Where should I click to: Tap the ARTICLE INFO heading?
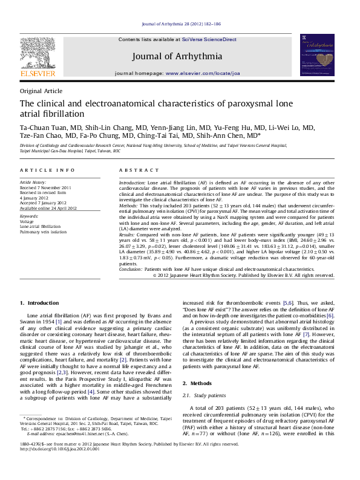(48, 170)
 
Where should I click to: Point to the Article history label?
(33, 182)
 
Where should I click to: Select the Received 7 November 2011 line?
(45, 187)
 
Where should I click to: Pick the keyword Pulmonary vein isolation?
(43, 232)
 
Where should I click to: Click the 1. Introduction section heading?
(39, 302)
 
